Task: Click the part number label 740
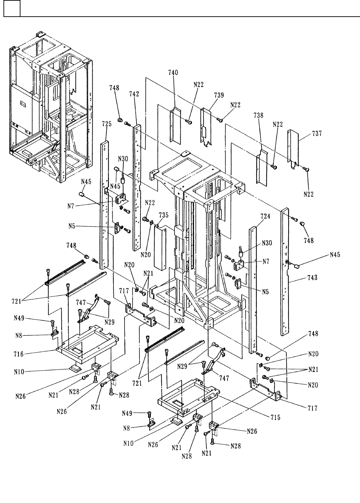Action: coord(173,72)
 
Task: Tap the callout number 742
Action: coord(134,94)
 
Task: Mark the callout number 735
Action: coord(164,215)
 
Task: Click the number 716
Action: coord(19,354)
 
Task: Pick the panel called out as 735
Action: coord(161,248)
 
